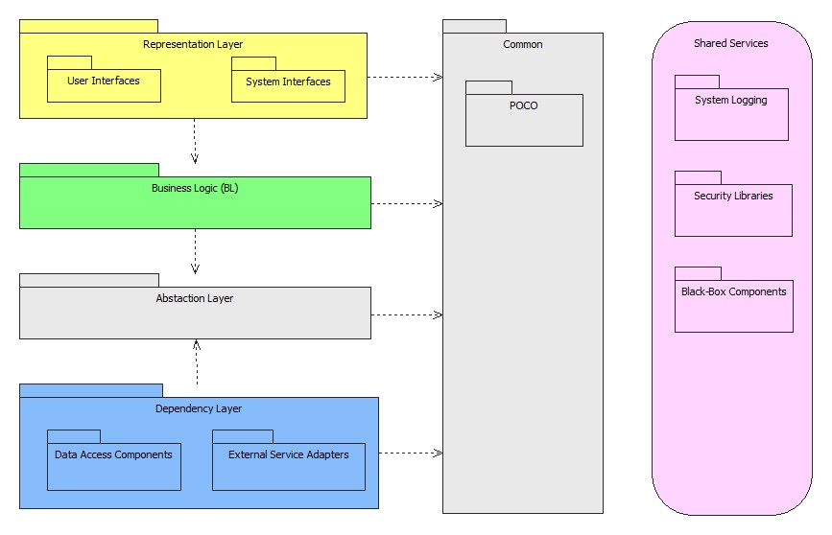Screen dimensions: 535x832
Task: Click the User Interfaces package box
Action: [104, 85]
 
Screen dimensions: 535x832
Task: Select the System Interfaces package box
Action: [288, 85]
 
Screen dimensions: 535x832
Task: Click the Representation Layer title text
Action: [193, 44]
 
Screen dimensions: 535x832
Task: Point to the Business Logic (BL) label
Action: [195, 188]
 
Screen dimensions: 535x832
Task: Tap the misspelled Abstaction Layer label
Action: [195, 298]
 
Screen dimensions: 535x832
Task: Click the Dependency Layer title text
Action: [199, 408]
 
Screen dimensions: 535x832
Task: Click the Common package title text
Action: [523, 44]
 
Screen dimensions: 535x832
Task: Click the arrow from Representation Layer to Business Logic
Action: [195, 140]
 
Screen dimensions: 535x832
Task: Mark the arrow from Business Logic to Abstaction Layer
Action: [195, 250]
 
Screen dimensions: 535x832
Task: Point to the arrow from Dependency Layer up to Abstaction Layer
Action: [196, 361]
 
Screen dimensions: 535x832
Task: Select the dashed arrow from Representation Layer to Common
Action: [404, 77]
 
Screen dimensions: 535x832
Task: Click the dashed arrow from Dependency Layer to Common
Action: [410, 453]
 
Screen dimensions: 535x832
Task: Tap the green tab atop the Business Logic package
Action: [88, 170]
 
